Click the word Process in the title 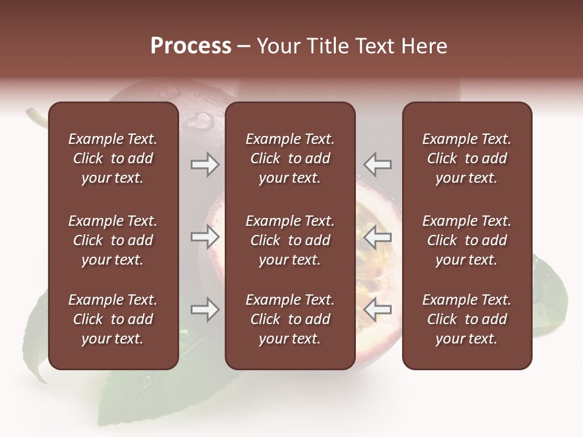pos(191,46)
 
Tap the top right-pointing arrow pos(205,164)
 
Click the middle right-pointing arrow pos(205,237)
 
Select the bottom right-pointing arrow pos(205,310)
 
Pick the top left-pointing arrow pos(378,164)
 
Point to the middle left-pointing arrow pos(378,237)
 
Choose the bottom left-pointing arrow pos(378,310)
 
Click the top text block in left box pos(113,158)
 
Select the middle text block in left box pos(113,240)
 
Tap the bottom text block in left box pos(113,319)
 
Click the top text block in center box pos(290,158)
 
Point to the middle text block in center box pos(290,240)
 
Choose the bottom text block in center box pos(290,319)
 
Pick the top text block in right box pos(467,158)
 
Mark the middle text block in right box pos(467,240)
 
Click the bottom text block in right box pos(467,319)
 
